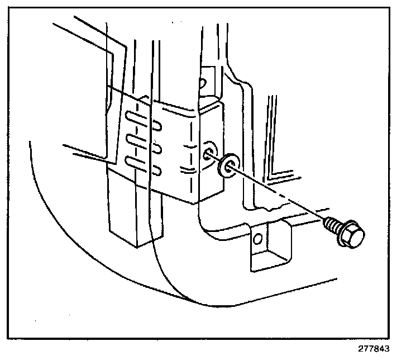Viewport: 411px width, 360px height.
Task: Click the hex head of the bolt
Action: [352, 237]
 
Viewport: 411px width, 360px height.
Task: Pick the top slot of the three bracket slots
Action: [136, 117]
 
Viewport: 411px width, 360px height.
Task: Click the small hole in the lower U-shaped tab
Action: [257, 240]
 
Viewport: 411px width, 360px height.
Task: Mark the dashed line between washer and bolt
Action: [279, 196]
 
